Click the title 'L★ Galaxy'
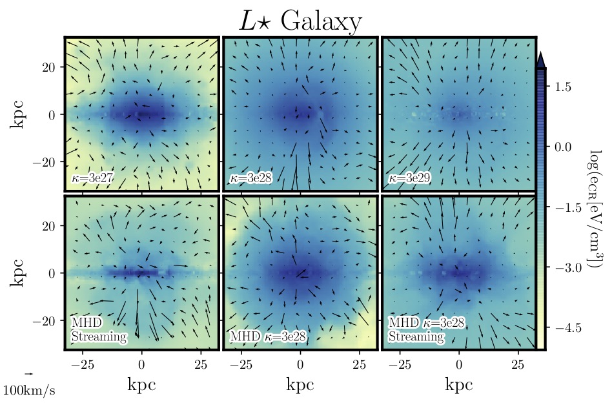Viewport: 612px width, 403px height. (x=300, y=22)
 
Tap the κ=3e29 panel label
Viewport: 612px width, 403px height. (x=409, y=178)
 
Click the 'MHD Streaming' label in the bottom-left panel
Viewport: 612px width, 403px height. (x=98, y=329)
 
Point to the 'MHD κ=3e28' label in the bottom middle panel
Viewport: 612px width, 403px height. (x=267, y=336)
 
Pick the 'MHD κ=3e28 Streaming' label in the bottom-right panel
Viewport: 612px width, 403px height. (x=426, y=329)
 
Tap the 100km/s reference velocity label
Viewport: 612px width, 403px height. (x=30, y=391)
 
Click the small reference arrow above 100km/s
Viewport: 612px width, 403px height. (x=28, y=374)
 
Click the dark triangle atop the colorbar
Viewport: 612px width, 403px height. (x=541, y=59)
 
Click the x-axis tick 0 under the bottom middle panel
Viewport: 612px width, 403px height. (x=300, y=365)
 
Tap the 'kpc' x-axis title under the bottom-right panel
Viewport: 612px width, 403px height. (x=459, y=386)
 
